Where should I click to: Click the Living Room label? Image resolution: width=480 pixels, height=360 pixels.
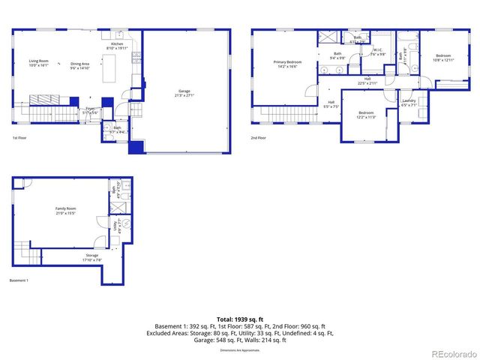(38, 63)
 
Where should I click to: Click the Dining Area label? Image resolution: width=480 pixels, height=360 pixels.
(79, 65)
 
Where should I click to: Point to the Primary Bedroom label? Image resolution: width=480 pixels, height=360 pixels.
(287, 64)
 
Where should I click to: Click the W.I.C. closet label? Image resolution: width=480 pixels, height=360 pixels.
(379, 52)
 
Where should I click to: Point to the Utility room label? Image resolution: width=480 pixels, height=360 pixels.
(114, 224)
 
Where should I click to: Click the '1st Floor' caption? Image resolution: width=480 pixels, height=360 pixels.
(19, 138)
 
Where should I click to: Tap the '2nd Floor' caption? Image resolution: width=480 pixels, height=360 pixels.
(258, 138)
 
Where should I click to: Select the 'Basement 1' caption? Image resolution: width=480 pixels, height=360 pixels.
(19, 280)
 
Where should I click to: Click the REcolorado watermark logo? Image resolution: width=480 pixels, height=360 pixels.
(449, 353)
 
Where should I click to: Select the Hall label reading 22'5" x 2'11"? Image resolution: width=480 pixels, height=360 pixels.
(367, 80)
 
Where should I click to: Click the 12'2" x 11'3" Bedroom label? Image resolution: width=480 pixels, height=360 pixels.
(365, 115)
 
